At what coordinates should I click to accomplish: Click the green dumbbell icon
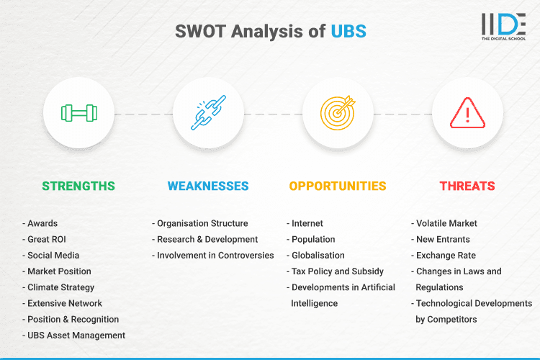78,113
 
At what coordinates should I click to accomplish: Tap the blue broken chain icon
208,113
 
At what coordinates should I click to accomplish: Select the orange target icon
338,113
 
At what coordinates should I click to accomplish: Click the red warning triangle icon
467,113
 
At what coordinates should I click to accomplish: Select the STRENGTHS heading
78,186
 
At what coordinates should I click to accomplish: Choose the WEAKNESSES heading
208,186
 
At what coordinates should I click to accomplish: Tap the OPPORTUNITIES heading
338,186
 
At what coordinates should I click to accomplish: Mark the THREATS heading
467,186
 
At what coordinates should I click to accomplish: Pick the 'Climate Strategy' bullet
62,287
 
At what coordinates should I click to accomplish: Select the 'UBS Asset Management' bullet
76,335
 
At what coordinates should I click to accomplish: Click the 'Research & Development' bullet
207,239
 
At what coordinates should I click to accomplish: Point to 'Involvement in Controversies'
215,255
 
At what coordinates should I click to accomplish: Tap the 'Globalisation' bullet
318,255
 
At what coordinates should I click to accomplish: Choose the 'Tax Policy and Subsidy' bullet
337,271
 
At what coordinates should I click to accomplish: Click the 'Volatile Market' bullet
446,223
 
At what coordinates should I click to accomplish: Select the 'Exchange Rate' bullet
446,255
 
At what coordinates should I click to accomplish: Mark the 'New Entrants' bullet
443,239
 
